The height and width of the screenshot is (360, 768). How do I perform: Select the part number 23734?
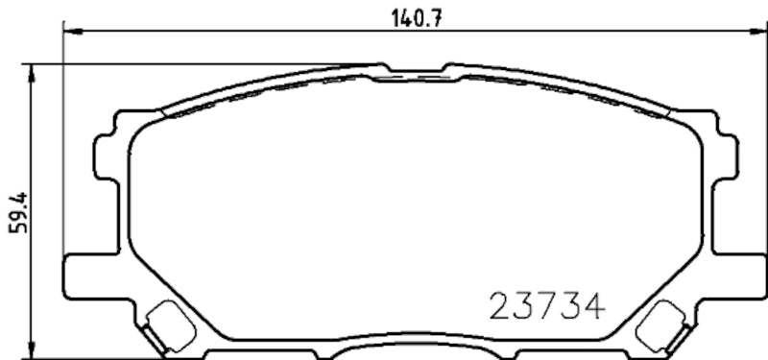coord(547,305)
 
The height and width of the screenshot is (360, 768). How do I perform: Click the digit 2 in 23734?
coord(501,305)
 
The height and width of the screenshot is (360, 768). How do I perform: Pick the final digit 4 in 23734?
coord(593,305)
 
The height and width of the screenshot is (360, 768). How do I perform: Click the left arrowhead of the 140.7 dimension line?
coord(69,31)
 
